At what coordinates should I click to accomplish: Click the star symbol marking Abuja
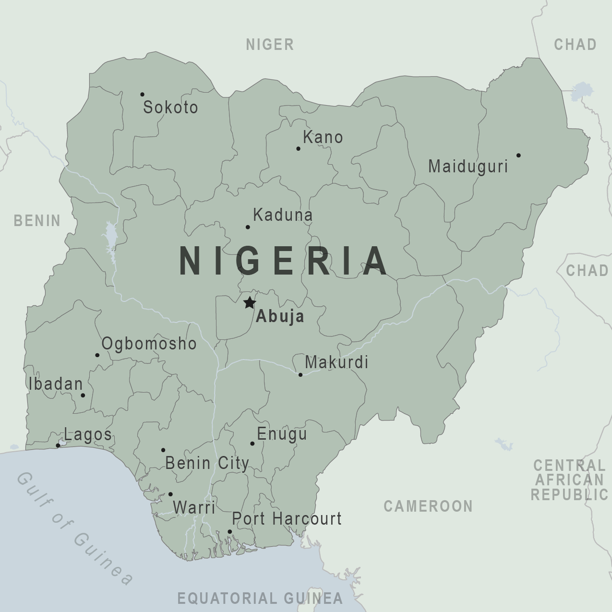point(249,303)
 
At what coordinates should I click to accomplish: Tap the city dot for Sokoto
point(142,95)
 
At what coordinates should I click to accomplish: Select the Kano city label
point(323,137)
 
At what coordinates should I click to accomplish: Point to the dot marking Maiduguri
point(518,155)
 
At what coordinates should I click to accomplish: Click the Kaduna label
point(283,215)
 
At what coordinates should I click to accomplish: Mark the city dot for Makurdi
point(300,374)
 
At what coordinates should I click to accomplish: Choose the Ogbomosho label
point(149,344)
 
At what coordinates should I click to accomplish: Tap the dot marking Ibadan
point(83,395)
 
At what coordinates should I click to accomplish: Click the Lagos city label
point(88,435)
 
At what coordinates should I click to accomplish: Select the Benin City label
point(207,463)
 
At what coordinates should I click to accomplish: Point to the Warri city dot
point(170,494)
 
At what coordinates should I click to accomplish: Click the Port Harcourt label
point(287,518)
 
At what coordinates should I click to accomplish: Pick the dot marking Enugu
point(252,444)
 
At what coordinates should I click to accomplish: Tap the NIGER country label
point(270,45)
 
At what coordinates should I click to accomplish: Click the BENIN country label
point(37,221)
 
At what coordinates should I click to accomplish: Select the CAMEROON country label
point(428,506)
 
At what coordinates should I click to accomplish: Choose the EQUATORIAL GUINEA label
point(260,598)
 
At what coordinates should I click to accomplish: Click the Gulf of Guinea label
point(74,528)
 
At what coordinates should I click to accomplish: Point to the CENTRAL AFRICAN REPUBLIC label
point(570,480)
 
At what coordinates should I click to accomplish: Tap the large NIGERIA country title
point(283,261)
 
